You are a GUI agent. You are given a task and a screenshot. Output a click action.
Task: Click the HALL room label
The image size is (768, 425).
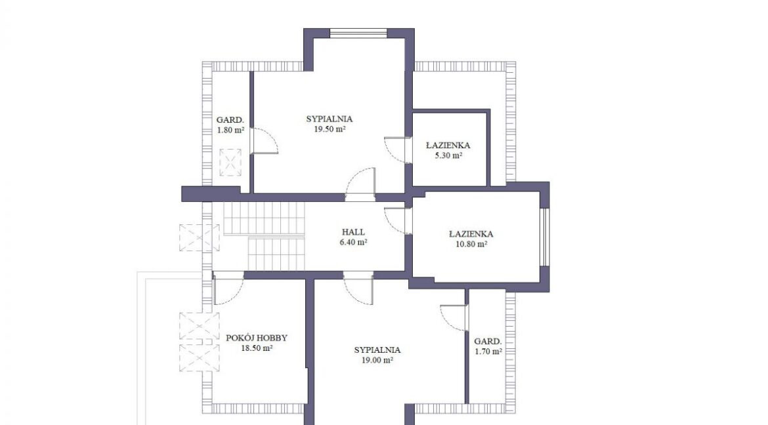click(353, 232)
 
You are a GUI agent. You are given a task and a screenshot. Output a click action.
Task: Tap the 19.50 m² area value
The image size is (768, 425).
click(330, 129)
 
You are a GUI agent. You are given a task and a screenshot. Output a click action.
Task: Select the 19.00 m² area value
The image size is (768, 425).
click(377, 360)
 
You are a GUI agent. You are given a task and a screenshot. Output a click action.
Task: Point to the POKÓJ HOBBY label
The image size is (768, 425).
click(257, 338)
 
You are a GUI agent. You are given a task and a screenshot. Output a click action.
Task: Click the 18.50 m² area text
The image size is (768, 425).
click(257, 349)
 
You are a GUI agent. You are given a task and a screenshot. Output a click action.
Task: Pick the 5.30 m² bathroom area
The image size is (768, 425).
click(448, 155)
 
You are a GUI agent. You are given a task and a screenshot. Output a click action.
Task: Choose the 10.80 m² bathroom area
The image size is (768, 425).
click(471, 245)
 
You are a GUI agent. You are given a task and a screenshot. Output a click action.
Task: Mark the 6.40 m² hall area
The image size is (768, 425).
click(353, 243)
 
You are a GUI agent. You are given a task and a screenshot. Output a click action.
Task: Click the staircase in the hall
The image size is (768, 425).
click(265, 236)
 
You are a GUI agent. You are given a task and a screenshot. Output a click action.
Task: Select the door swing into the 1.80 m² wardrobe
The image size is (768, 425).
click(265, 141)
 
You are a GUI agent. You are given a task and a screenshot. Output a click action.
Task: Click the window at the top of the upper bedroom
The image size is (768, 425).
click(358, 33)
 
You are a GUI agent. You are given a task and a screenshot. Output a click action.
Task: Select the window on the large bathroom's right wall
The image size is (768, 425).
click(545, 237)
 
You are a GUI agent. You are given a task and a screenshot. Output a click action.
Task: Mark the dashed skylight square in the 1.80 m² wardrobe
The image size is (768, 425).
click(230, 162)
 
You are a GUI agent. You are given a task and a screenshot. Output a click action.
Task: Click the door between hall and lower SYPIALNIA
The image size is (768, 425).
click(358, 289)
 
